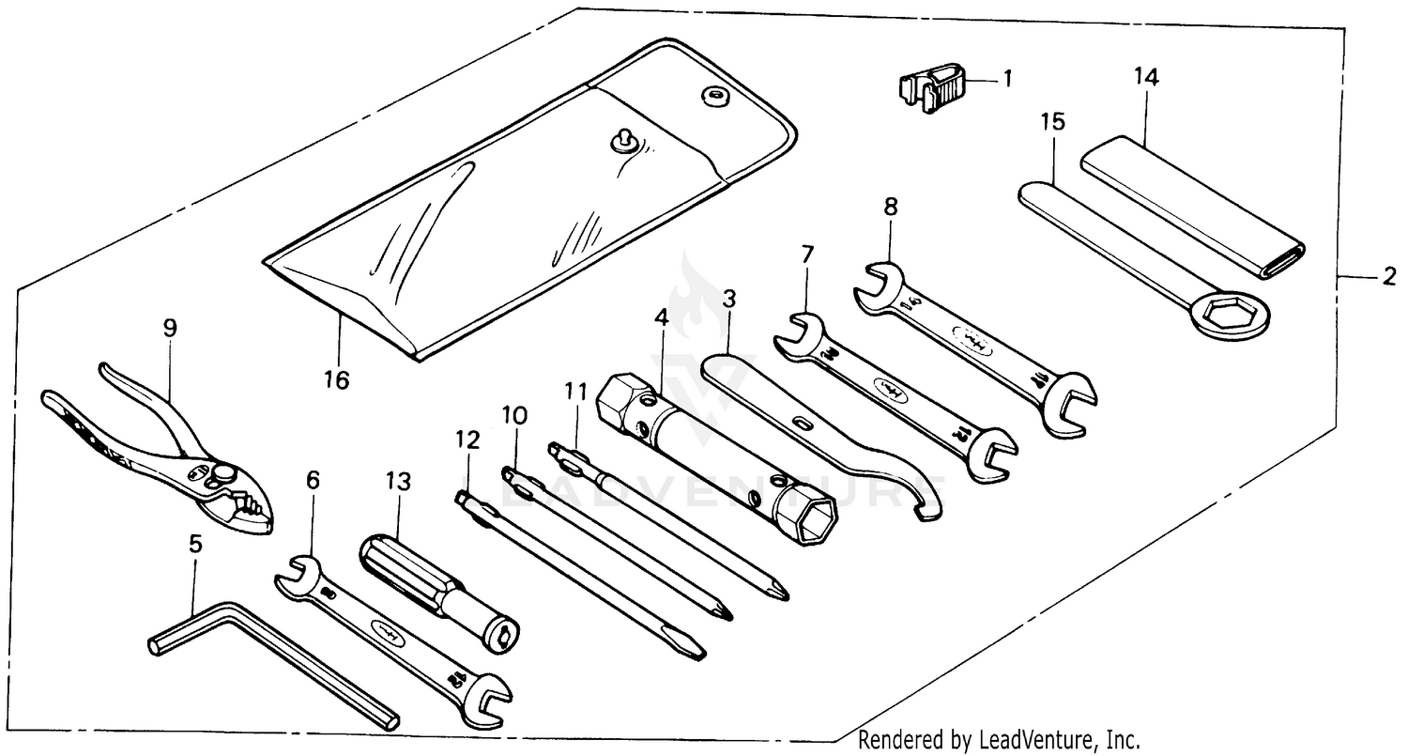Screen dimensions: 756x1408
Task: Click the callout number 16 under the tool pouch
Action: [x=336, y=379]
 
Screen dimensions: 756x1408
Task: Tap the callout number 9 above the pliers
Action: [x=169, y=328]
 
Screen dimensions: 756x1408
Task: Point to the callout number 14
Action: [x=1146, y=78]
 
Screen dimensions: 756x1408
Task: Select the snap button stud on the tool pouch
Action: [x=620, y=139]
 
